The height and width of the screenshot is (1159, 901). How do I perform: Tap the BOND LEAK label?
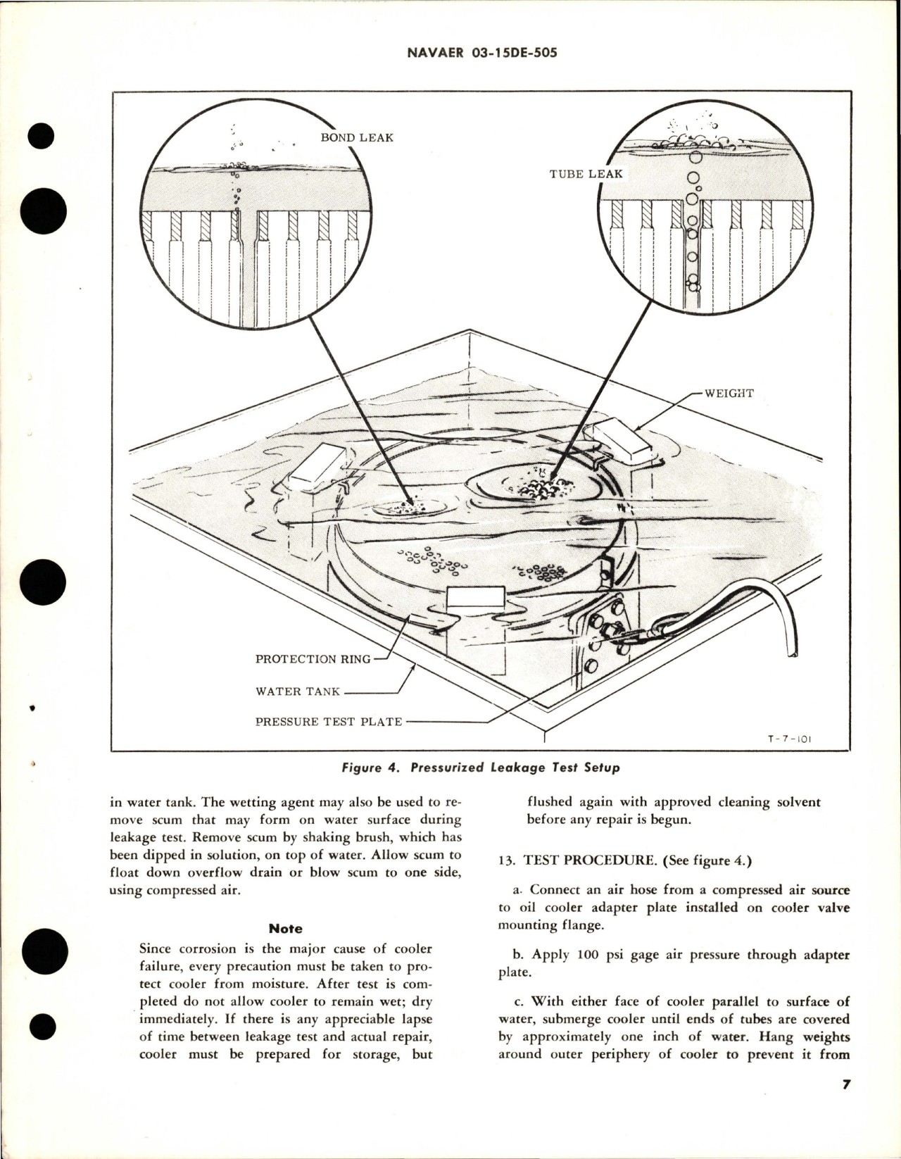(357, 137)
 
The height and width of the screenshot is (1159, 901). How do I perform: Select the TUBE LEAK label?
(586, 174)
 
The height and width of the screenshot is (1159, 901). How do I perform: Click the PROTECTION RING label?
(313, 659)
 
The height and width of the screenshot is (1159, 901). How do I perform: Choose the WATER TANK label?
(298, 691)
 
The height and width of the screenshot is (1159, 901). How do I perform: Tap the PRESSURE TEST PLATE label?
(329, 722)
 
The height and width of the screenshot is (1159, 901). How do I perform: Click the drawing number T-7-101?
(790, 740)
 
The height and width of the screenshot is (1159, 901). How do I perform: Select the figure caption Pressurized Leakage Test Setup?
(480, 768)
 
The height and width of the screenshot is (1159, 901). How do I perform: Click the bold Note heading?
(286, 929)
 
